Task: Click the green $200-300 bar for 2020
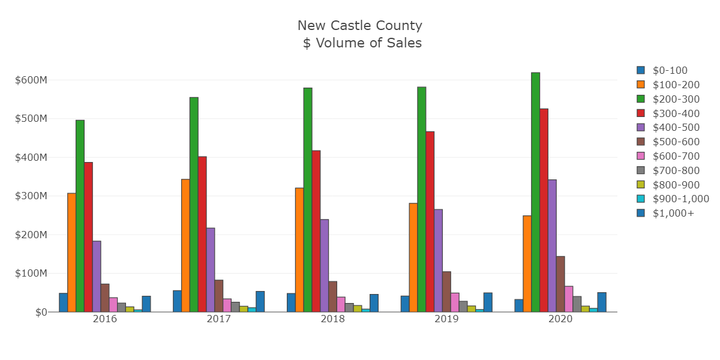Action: tap(535, 192)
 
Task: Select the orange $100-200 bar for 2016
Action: tap(71, 252)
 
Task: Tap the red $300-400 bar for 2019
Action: tap(430, 221)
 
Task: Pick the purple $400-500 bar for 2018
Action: tap(325, 265)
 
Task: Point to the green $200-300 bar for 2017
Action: tap(194, 205)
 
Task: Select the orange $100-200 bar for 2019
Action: tap(413, 257)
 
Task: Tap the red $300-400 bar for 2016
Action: tap(88, 237)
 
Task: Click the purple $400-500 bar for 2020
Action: tap(552, 245)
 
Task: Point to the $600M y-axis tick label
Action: tap(30, 80)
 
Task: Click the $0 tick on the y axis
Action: tap(41, 312)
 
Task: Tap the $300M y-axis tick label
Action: tap(30, 196)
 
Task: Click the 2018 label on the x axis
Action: tap(333, 319)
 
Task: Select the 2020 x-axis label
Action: tap(560, 319)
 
